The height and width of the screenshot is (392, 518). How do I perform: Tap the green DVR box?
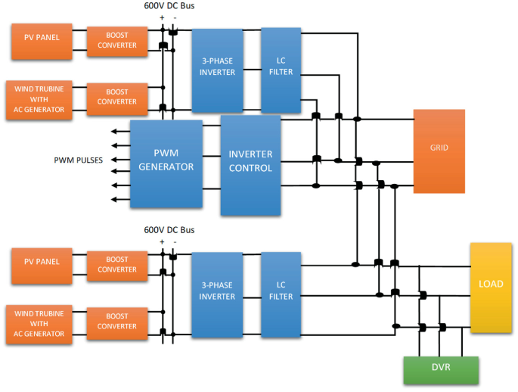coord(441,369)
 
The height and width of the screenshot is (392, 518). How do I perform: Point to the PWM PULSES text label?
coord(78,160)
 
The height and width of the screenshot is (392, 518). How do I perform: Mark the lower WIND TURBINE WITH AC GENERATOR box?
coord(42,322)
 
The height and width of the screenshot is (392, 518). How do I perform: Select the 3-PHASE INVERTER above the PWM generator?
coord(217,70)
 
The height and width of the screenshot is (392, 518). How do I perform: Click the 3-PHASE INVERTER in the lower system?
coord(217,294)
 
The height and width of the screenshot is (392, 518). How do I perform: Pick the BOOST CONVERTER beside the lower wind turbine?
coord(116,322)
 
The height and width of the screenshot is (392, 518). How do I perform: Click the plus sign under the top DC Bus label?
coord(162,17)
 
